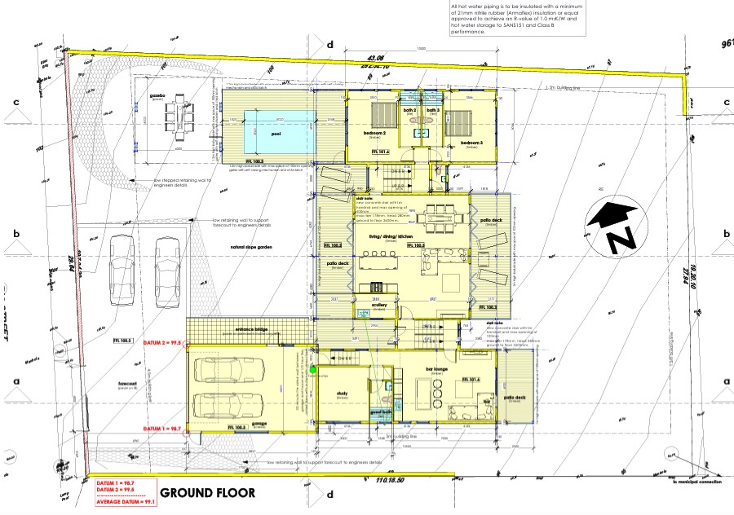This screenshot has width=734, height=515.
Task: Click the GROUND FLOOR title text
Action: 207,493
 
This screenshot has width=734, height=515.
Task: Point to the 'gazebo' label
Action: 157,96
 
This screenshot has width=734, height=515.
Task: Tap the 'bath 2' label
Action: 409,110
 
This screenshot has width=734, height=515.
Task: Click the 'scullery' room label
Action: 378,306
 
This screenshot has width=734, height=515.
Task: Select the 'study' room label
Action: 341,392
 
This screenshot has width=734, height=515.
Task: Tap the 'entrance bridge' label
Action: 250,330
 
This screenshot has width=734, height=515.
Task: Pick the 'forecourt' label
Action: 127,386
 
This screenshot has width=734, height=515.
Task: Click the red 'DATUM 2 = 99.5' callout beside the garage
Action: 161,344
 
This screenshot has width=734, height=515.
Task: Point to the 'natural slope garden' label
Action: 251,245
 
